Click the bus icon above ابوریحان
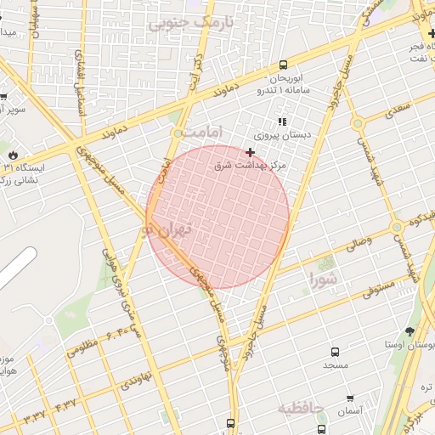tap(283, 65)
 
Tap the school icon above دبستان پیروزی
tap(282, 122)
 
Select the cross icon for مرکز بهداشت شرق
tap(250, 152)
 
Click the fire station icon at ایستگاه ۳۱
tap(14, 154)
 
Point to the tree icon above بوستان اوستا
tap(410, 331)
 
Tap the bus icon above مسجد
tap(335, 351)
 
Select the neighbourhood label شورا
tap(324, 279)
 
